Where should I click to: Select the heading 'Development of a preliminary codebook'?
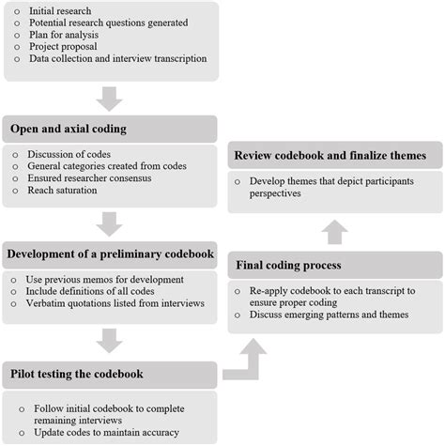tap(112, 254)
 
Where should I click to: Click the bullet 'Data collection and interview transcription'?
tap(119, 58)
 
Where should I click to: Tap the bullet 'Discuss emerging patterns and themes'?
tap(329, 315)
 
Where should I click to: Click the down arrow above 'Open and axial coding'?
tap(110, 97)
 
